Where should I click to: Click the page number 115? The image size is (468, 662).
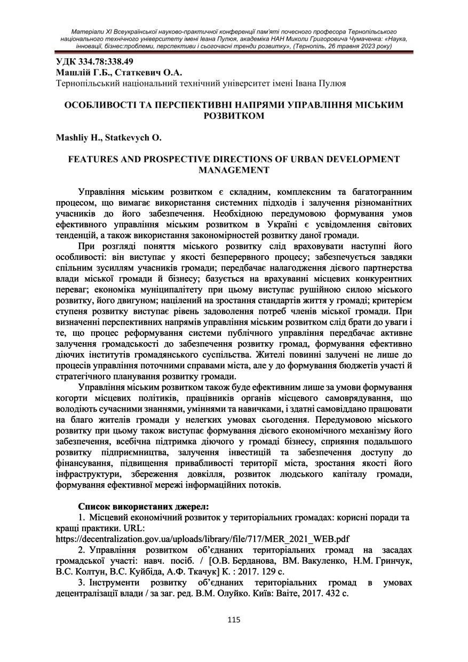coord(234,620)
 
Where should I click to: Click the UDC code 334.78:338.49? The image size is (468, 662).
coord(104,61)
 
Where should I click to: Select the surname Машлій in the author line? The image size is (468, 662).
coord(73,72)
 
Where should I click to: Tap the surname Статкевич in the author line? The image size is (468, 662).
coord(144,72)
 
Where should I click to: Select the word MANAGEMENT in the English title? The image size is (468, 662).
coord(234,170)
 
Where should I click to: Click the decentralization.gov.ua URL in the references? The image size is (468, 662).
coord(203,539)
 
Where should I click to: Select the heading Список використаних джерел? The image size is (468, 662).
coord(143,506)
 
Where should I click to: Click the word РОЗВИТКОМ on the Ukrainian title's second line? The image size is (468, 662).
coord(234,116)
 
